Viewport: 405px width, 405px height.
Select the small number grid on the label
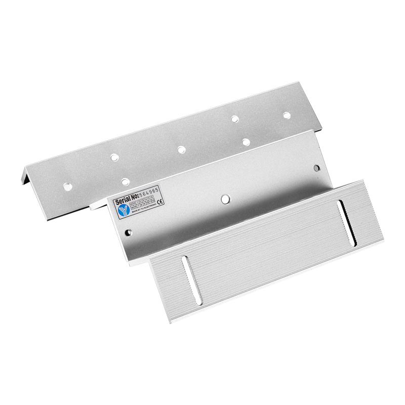(x=141, y=205)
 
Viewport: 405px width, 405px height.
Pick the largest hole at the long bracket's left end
(x=67, y=186)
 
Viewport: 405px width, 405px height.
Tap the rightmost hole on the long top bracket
(x=286, y=115)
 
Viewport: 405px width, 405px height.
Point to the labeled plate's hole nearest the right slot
(x=316, y=167)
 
